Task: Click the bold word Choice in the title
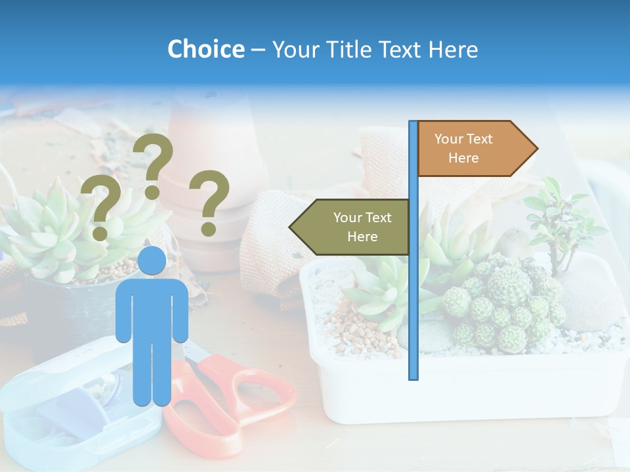tap(205, 50)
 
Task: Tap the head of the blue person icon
tap(152, 261)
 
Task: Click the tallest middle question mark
tap(154, 164)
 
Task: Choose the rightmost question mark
tap(209, 202)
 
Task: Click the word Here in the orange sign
tap(463, 158)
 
